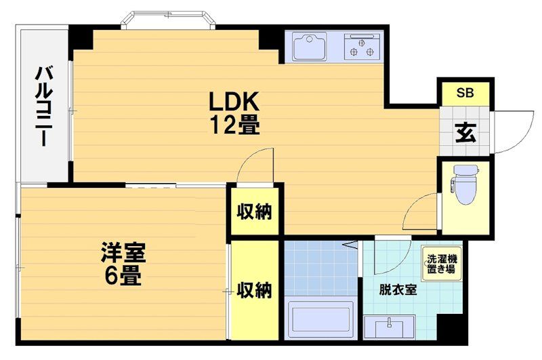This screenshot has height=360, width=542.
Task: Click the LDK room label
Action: tap(234, 102)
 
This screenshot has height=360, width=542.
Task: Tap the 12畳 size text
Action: tap(234, 125)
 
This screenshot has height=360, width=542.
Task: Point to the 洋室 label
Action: tap(123, 253)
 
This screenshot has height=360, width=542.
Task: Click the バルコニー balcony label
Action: tap(43, 106)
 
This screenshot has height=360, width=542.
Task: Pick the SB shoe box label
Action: tap(465, 93)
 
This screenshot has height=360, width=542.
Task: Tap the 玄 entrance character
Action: tap(465, 132)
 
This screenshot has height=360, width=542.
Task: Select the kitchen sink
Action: tap(310, 46)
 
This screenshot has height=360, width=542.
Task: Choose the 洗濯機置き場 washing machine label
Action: tap(442, 264)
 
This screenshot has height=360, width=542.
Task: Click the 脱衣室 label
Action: tap(398, 289)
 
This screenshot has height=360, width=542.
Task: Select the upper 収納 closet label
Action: tap(255, 212)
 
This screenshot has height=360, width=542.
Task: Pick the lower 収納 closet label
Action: tap(255, 290)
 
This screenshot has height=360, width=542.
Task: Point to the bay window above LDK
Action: tap(168, 20)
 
